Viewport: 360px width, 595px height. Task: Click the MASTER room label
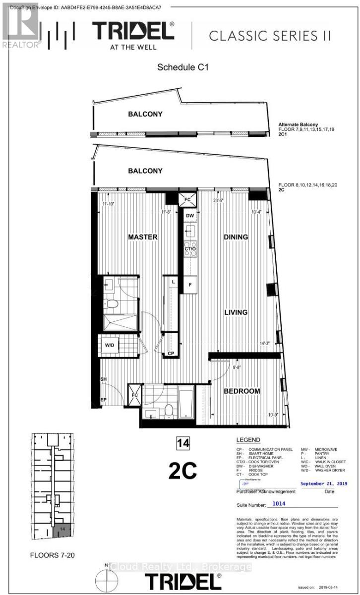click(142, 237)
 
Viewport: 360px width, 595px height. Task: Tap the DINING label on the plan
click(236, 237)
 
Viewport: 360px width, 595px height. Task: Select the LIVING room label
click(236, 312)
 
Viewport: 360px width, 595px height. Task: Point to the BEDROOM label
click(242, 391)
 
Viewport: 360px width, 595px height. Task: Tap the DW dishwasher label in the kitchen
click(190, 216)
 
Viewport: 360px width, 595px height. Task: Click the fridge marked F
click(189, 285)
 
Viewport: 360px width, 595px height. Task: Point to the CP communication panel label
click(171, 354)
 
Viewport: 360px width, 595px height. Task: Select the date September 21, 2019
click(324, 483)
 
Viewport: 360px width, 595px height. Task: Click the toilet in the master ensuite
click(113, 304)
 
